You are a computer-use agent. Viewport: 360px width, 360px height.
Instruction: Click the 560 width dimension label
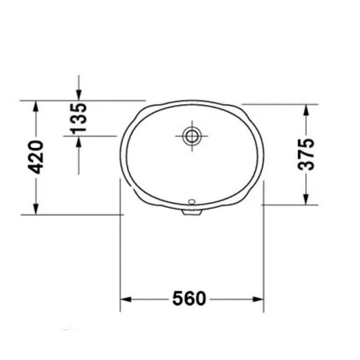coord(189,299)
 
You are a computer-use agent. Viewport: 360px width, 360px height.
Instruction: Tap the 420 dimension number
coord(35,157)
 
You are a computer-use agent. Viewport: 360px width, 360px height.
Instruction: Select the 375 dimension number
coord(306,154)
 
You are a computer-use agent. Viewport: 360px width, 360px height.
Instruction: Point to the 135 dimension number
coord(79,119)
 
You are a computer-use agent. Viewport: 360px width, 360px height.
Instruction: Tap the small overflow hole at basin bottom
coord(191,201)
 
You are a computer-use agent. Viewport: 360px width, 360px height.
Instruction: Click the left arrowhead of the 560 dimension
coord(126,299)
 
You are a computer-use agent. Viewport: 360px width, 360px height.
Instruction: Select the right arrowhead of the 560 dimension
coord(258,299)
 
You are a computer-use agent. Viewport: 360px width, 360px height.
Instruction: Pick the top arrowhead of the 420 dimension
coord(36,106)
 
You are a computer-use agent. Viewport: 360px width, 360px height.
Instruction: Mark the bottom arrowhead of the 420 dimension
coord(36,209)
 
